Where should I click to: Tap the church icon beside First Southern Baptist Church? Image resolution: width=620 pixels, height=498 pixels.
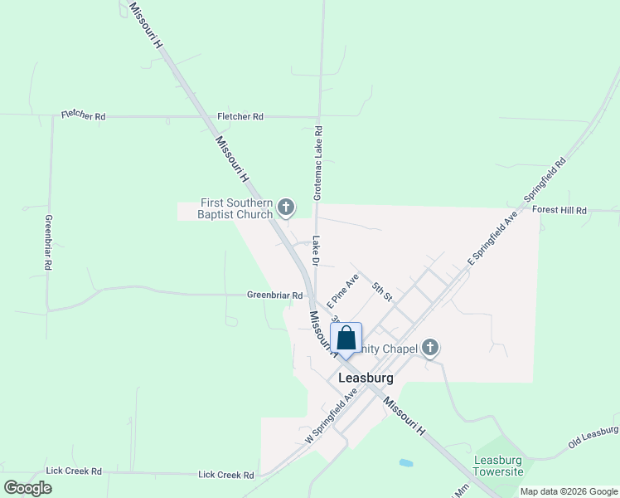click(287, 207)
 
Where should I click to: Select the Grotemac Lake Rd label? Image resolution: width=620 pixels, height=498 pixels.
click(317, 162)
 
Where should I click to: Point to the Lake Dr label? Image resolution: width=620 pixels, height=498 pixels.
click(316, 251)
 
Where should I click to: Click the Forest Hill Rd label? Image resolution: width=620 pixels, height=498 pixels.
click(559, 211)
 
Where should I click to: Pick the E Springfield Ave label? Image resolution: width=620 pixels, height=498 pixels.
click(492, 237)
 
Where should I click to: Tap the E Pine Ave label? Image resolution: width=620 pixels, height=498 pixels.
click(342, 286)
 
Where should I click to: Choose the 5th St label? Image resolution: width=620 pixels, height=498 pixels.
click(381, 290)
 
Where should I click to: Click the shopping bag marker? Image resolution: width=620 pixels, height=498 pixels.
click(346, 339)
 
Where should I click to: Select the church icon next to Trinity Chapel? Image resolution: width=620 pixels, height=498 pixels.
click(429, 348)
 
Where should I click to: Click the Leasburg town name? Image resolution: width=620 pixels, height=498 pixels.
click(366, 378)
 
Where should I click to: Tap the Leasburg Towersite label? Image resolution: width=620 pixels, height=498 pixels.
click(498, 466)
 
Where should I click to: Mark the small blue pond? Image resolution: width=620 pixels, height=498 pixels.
click(405, 462)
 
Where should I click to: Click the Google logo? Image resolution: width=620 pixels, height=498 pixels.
click(28, 488)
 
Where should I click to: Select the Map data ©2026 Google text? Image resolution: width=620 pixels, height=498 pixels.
click(569, 491)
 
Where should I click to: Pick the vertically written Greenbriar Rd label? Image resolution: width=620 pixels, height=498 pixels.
click(49, 243)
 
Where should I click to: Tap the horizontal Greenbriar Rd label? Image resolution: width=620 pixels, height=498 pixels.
click(274, 295)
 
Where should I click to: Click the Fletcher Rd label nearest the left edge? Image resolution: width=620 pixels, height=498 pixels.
click(83, 117)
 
